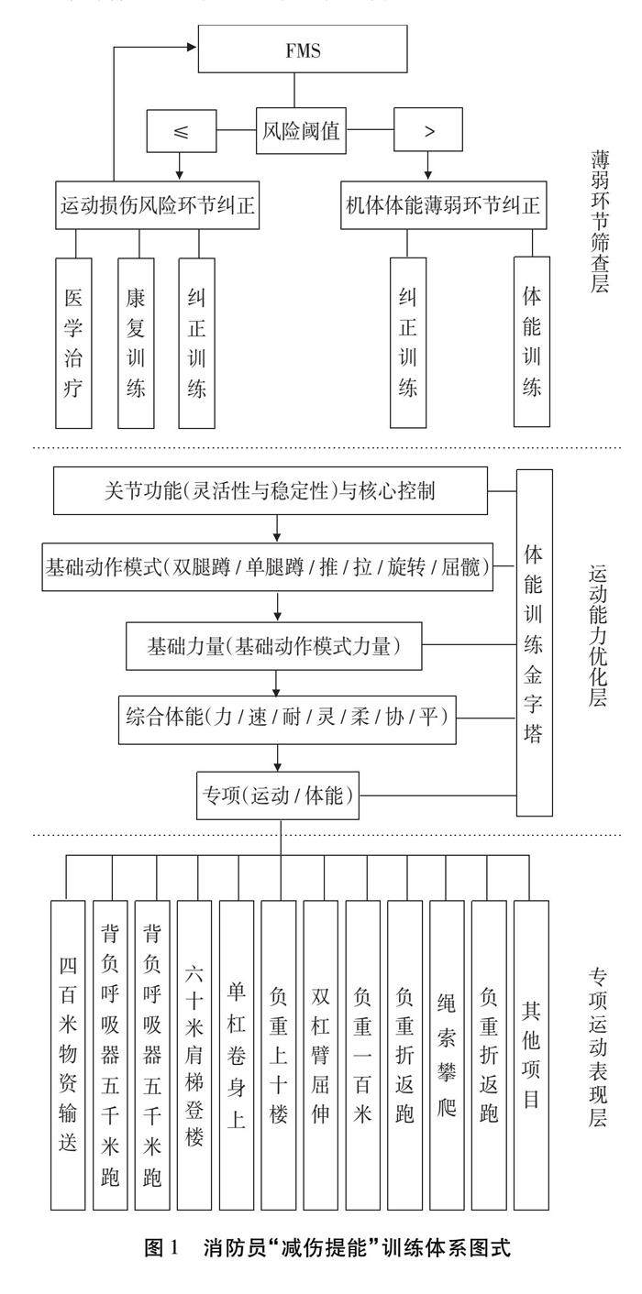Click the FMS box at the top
tap(293, 50)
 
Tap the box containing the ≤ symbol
tap(182, 131)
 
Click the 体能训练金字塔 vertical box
tap(535, 642)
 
